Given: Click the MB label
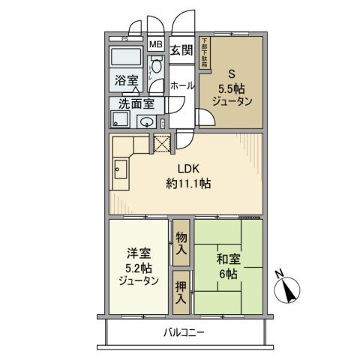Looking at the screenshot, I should tap(155, 44).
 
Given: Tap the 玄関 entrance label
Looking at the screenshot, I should tap(181, 51).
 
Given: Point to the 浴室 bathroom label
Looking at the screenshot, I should tap(124, 79).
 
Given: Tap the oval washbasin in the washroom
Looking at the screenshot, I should tap(148, 121).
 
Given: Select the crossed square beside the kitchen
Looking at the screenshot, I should tap(163, 143).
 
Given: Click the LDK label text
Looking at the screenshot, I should tap(188, 169).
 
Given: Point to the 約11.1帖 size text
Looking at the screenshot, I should tap(188, 184).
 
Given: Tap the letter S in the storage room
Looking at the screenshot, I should tap(232, 73).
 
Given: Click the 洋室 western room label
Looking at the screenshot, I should tap(137, 253).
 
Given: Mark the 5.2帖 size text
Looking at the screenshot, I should tap(138, 268).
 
